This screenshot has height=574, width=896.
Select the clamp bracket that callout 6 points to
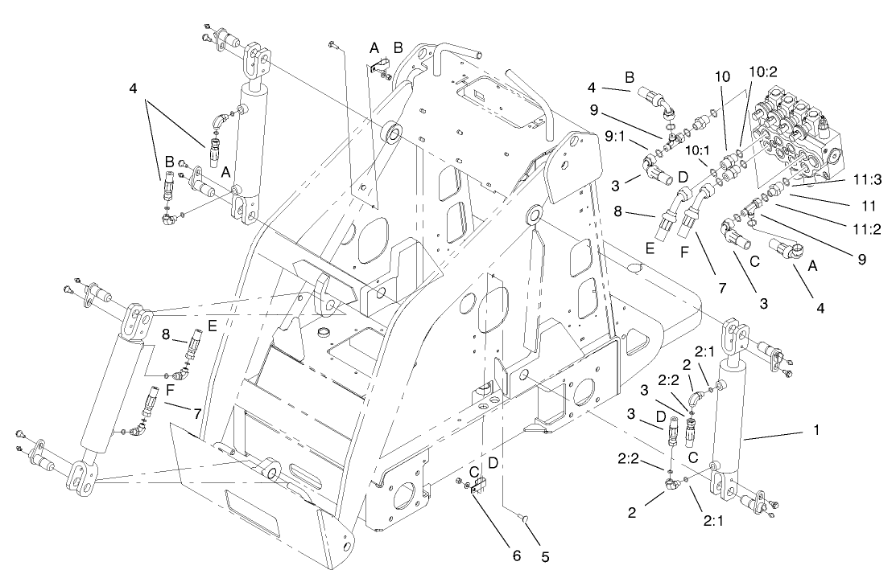click(x=477, y=485)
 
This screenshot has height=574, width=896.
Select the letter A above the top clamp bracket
click(x=374, y=49)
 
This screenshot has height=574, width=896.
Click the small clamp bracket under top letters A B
click(x=378, y=70)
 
